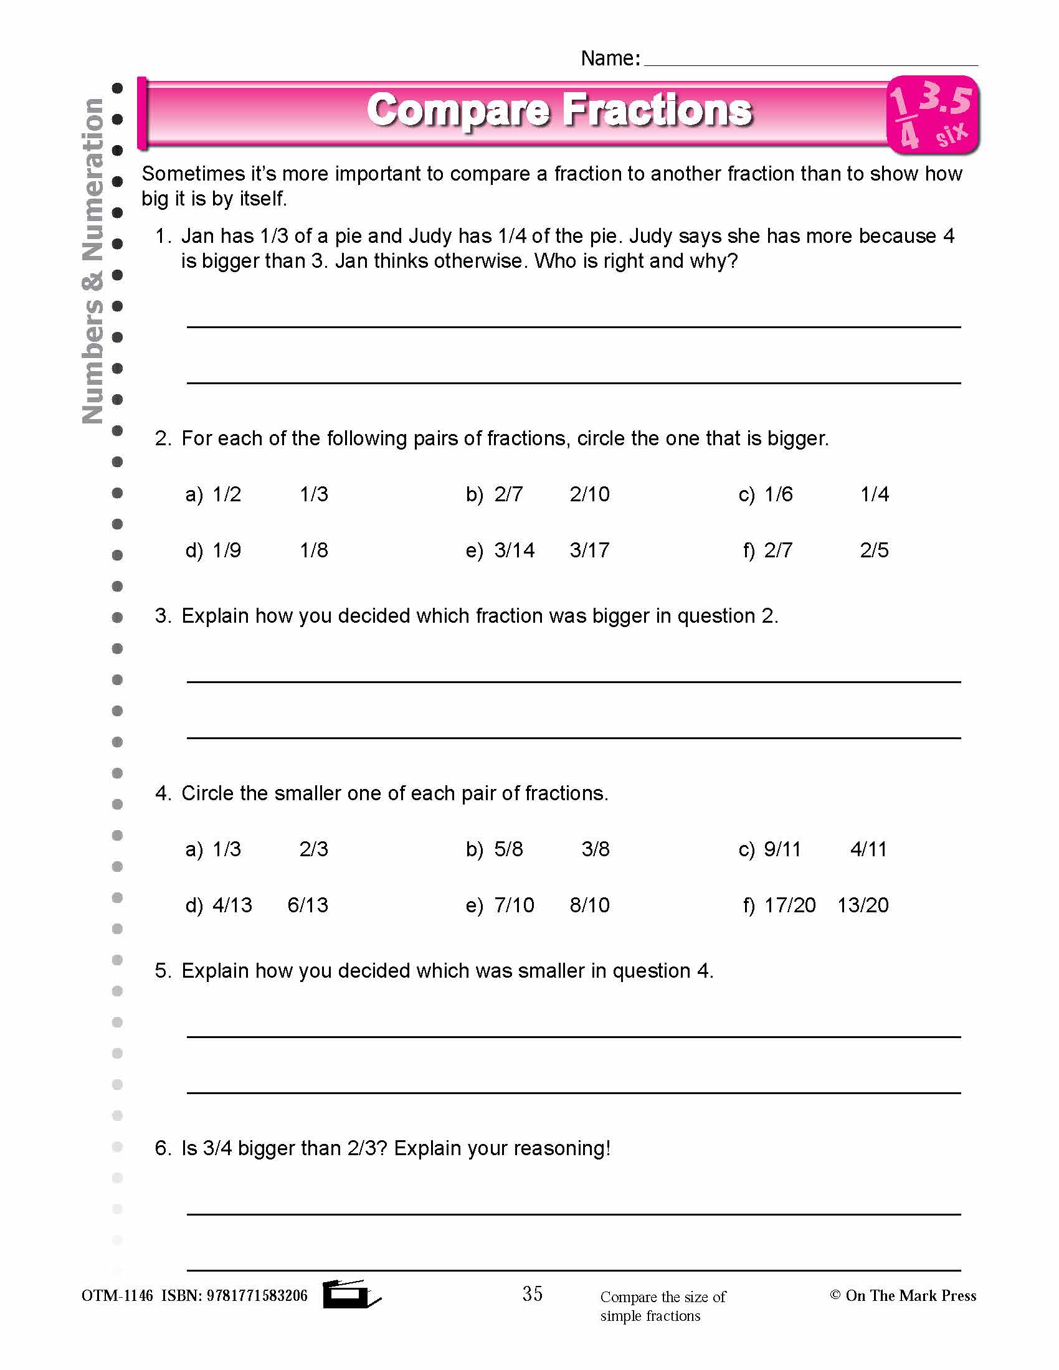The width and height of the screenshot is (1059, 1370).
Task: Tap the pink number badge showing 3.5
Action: click(933, 115)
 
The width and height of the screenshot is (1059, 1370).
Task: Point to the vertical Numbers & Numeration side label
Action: click(93, 260)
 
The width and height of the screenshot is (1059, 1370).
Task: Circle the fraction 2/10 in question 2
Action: click(589, 494)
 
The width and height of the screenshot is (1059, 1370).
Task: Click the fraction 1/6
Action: click(778, 494)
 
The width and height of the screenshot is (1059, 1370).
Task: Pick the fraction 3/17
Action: click(589, 550)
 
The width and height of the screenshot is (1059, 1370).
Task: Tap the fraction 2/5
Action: click(874, 550)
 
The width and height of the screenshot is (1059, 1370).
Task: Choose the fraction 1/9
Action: click(227, 550)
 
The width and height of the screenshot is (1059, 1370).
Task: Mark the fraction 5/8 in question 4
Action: click(508, 849)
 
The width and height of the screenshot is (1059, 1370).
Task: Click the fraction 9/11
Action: click(782, 849)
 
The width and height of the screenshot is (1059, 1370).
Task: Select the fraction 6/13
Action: click(307, 905)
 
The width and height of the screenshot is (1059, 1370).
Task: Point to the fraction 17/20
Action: click(789, 905)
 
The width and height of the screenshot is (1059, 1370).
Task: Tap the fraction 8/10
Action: click(589, 905)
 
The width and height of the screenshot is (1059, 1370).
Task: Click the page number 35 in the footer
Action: click(532, 1293)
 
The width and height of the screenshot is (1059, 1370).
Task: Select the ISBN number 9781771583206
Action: click(257, 1296)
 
